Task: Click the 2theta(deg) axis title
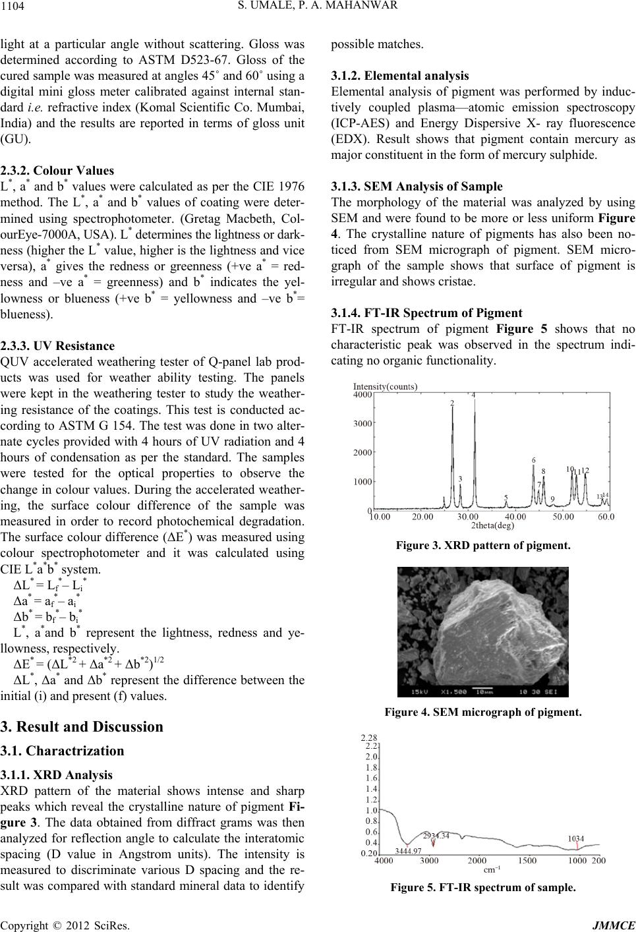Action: (492, 525)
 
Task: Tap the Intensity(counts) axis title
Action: (386, 386)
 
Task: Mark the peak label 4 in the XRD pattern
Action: (473, 395)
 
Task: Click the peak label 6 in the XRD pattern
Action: (533, 459)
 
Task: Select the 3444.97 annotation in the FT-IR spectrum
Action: (408, 852)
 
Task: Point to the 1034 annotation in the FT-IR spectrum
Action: (575, 838)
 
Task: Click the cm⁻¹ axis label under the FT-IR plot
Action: (491, 870)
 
